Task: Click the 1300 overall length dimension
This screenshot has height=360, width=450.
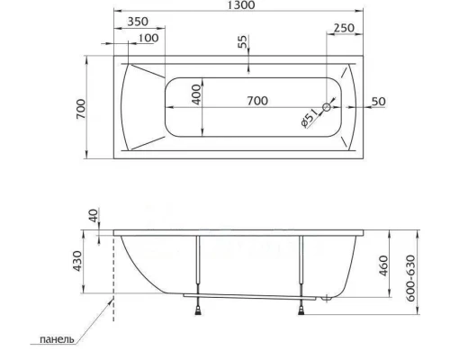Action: (x=239, y=5)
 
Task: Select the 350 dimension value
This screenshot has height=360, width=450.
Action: (x=138, y=22)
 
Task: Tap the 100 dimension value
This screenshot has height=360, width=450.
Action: (x=148, y=38)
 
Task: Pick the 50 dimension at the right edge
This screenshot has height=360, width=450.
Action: (x=378, y=101)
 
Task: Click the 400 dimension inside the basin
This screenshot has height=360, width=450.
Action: (x=196, y=94)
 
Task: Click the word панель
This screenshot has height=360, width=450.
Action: (x=49, y=340)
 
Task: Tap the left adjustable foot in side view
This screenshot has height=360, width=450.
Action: (x=196, y=310)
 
